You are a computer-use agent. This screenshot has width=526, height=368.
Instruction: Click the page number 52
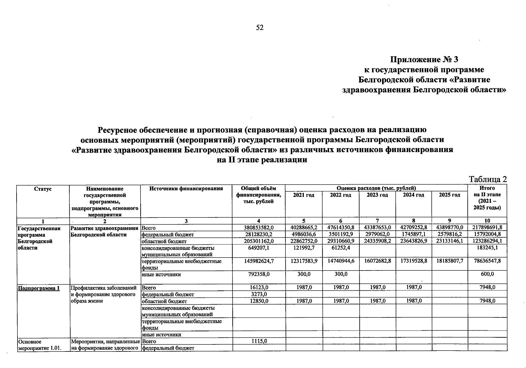click(260, 28)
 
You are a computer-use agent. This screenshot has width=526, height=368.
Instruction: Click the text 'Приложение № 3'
click(424, 59)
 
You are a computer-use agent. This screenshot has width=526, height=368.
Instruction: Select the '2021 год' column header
click(304, 195)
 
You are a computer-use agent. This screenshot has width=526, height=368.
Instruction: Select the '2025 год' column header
click(449, 195)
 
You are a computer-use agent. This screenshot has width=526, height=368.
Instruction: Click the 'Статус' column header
click(43, 189)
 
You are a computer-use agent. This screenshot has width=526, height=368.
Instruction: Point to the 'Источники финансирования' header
click(186, 189)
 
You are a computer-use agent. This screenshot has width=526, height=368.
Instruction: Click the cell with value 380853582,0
click(258, 228)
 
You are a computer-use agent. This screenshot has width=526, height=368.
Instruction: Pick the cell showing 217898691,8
click(487, 228)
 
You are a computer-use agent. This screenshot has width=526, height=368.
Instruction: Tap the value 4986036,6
click(304, 234)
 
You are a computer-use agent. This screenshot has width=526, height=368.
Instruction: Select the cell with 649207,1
click(258, 248)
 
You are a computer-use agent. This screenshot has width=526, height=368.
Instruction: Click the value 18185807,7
click(450, 261)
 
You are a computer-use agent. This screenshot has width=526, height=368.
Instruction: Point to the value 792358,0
click(258, 274)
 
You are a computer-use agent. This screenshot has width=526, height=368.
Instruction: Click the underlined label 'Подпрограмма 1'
click(39, 288)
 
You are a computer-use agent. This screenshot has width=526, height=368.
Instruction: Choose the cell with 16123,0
click(258, 288)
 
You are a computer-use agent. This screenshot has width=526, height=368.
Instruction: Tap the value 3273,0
click(258, 294)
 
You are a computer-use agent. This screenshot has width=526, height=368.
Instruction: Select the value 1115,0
click(258, 341)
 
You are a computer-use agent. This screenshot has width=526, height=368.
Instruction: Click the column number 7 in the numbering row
click(377, 221)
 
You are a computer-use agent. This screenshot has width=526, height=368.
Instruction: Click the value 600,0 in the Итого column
click(487, 274)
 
